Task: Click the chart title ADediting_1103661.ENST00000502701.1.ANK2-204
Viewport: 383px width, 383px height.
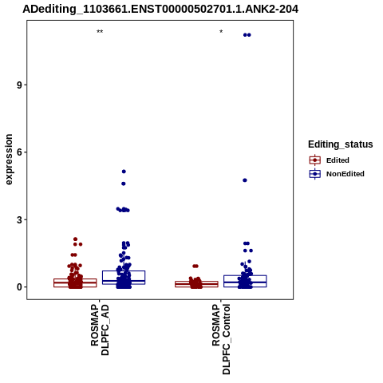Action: (x=160, y=10)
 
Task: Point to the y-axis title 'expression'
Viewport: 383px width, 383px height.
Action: (x=9, y=160)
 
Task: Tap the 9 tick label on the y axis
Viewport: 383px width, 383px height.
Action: (x=19, y=85)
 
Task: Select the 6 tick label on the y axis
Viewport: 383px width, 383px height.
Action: (x=19, y=152)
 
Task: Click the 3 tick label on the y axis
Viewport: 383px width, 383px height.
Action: (x=19, y=220)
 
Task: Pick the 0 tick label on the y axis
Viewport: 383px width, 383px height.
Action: (x=19, y=287)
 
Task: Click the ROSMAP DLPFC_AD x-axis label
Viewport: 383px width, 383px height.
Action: (x=100, y=330)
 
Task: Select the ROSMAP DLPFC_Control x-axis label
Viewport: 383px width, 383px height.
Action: (x=221, y=339)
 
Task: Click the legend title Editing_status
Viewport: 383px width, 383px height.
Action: (x=341, y=144)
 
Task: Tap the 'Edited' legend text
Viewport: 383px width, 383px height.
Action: (x=338, y=160)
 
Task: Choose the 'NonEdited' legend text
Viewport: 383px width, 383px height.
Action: (x=345, y=174)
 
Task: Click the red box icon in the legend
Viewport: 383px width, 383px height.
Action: (x=315, y=160)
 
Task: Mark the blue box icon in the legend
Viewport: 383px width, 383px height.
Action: (x=315, y=174)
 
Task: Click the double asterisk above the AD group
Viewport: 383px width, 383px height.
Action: (x=100, y=32)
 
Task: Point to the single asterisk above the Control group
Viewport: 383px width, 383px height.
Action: (x=221, y=31)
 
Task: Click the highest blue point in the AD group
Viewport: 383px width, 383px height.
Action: (x=124, y=172)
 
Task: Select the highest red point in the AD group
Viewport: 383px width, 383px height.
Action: (x=75, y=239)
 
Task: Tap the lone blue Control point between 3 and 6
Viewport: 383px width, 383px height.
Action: (x=245, y=180)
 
